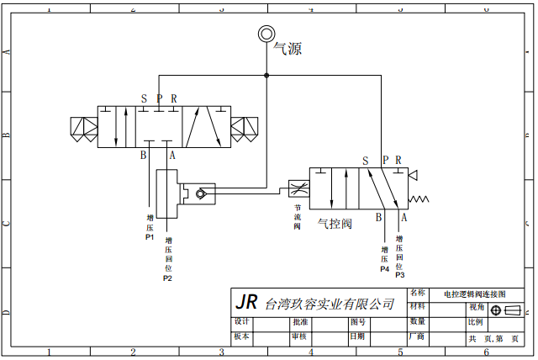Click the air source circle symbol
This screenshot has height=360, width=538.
tap(266, 34)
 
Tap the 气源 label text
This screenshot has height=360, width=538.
tap(287, 49)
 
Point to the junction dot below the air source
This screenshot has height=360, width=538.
tap(266, 76)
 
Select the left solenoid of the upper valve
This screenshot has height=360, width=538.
tap(84, 128)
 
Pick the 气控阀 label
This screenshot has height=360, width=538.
tap(334, 224)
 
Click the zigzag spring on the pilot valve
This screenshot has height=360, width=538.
tap(418, 200)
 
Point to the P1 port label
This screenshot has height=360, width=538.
tap(150, 237)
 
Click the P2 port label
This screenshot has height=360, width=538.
tap(167, 278)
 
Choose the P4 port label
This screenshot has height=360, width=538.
tap(384, 269)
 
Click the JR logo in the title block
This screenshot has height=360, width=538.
tap(246, 302)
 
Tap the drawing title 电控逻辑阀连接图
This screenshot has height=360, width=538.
tap(475, 294)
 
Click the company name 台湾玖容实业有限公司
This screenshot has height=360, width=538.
tap(330, 304)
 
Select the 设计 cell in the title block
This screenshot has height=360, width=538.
tap(242, 321)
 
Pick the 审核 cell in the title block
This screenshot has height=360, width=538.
tap(299, 336)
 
